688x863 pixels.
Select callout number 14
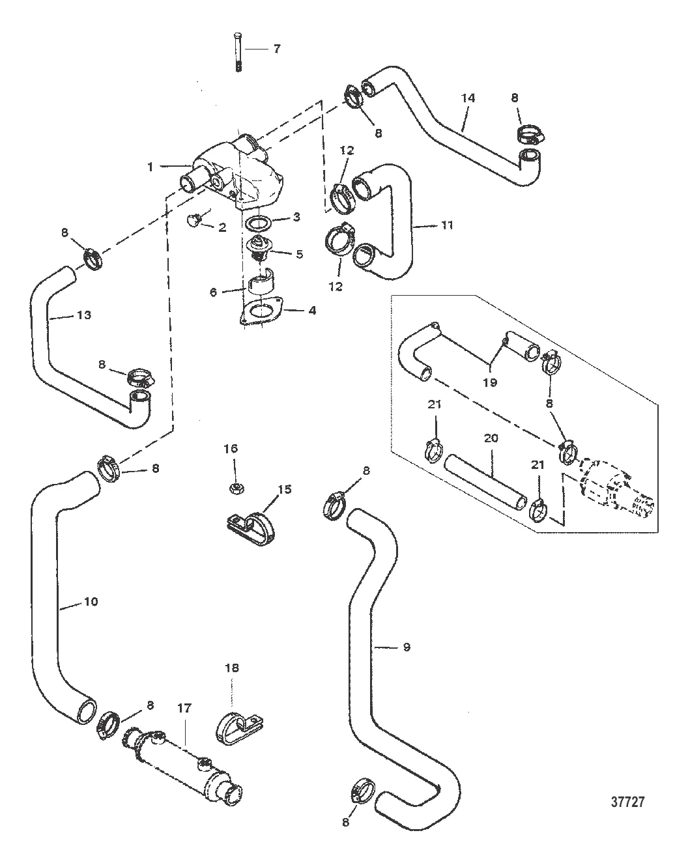coord(468,98)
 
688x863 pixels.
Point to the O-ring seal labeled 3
coord(259,223)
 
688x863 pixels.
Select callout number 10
coord(91,601)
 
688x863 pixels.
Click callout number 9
coord(406,647)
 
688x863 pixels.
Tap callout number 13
coord(83,315)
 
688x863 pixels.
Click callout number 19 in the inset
coord(489,382)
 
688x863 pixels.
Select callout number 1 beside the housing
coord(150,167)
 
